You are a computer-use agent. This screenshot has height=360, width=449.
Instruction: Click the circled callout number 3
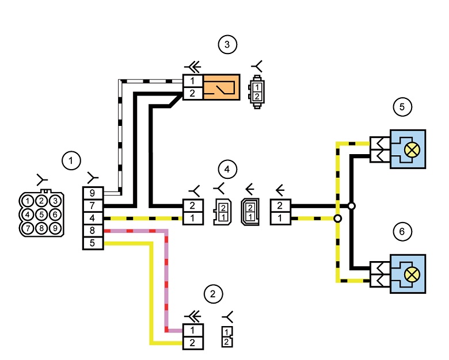click(x=227, y=44)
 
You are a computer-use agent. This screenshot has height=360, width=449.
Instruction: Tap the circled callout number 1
click(x=71, y=160)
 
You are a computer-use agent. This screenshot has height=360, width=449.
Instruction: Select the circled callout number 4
click(x=227, y=169)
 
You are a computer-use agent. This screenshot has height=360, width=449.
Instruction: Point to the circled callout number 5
click(x=402, y=107)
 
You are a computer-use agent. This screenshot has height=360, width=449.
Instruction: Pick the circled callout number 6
click(x=402, y=231)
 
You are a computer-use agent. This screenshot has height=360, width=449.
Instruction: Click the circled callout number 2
click(x=213, y=294)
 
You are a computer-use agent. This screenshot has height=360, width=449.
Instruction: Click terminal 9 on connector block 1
click(x=93, y=193)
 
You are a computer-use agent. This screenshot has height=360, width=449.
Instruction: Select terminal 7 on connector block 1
click(x=93, y=205)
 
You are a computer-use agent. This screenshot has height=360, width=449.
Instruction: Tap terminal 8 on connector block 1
click(x=93, y=231)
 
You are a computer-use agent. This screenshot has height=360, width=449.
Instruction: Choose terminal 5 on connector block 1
click(x=93, y=243)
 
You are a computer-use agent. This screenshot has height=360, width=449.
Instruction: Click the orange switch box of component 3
click(x=222, y=87)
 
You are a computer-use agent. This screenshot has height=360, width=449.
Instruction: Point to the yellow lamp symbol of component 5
click(x=412, y=150)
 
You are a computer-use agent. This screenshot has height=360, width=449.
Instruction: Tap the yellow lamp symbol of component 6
click(x=412, y=275)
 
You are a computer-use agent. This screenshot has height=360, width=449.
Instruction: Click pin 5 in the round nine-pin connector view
click(x=41, y=215)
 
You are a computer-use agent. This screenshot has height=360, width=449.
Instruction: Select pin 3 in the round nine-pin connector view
click(x=55, y=201)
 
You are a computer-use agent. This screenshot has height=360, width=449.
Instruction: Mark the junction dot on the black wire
click(x=352, y=206)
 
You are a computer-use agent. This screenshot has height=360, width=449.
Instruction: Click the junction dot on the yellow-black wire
click(x=338, y=219)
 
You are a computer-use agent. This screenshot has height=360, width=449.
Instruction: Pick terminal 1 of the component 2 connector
click(x=193, y=330)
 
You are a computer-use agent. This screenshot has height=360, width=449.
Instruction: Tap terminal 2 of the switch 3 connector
click(x=193, y=93)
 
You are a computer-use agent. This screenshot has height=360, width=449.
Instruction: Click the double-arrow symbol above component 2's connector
click(x=193, y=316)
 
